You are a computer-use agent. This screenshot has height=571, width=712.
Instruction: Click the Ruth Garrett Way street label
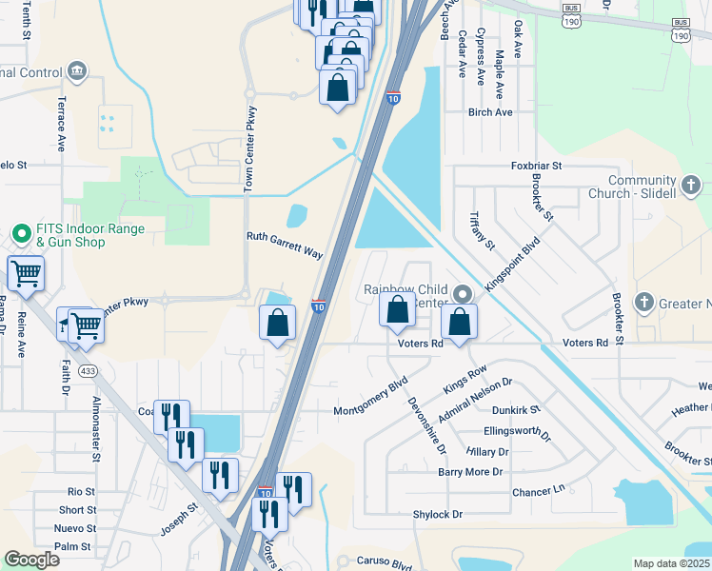[285, 246]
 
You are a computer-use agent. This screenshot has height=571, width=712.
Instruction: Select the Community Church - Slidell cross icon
[691, 182]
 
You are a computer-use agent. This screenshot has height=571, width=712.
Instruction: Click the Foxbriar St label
[537, 166]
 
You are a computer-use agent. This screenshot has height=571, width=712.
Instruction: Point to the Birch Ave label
[490, 112]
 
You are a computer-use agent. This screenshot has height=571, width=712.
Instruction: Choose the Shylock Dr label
[437, 514]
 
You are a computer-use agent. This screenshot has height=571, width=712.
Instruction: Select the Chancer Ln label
[538, 492]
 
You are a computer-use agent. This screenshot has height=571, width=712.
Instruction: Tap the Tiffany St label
[483, 231]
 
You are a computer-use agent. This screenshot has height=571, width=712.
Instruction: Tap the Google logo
[31, 560]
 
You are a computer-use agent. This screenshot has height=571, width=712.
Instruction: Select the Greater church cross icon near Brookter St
[644, 303]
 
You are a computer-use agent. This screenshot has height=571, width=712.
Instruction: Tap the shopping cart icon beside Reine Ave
[26, 274]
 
